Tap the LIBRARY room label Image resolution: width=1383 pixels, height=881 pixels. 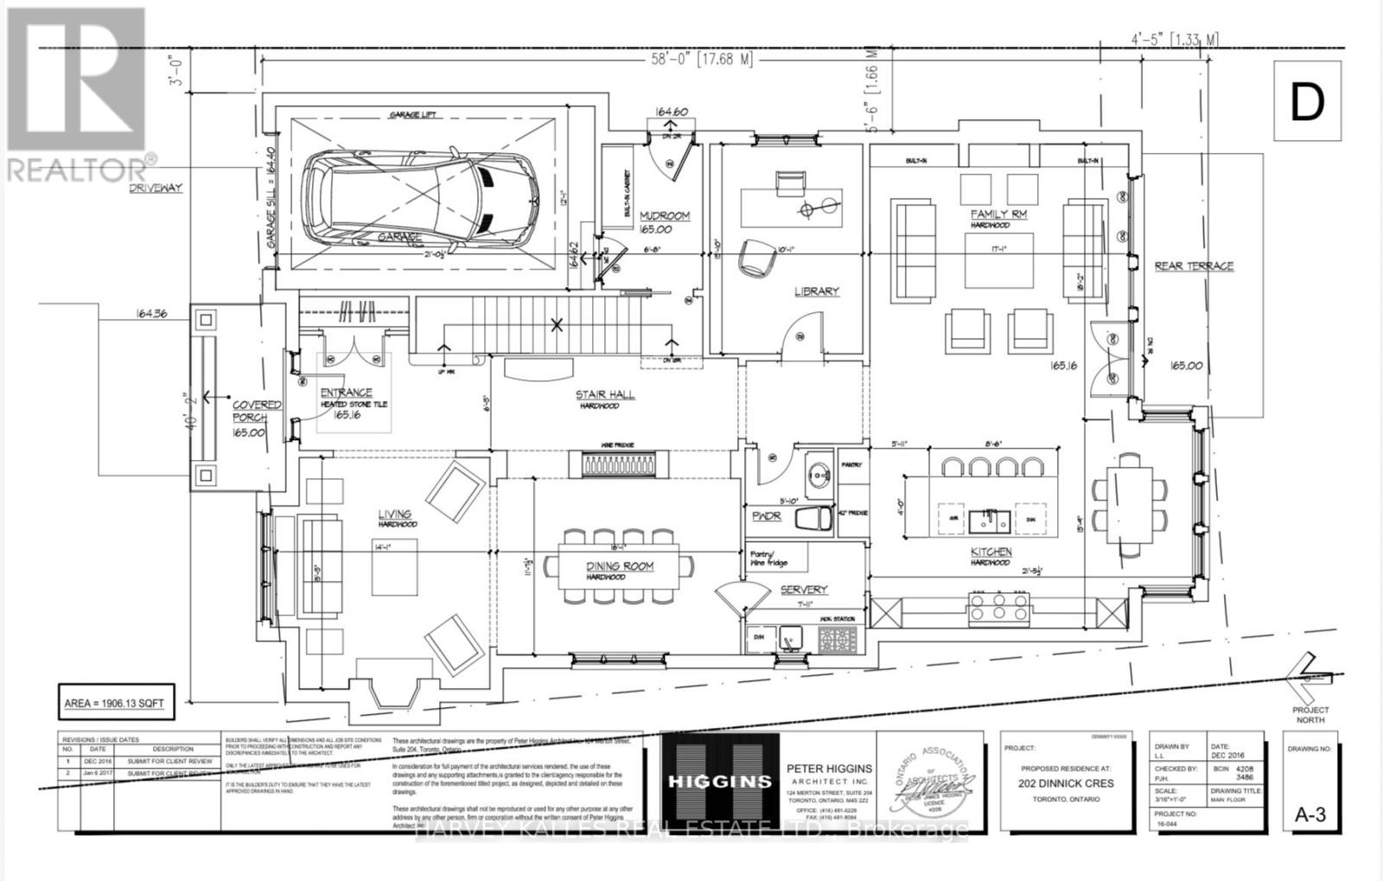pos(817,291)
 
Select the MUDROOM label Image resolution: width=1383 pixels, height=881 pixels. pos(664,215)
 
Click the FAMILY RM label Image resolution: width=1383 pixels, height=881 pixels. pos(998,214)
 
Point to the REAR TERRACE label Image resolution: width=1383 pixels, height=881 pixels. pos(1194,266)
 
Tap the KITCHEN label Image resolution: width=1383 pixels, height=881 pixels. pos(991,552)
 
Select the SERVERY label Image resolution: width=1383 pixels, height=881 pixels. pos(804,590)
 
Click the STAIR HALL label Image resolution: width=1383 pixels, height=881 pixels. pos(605,395)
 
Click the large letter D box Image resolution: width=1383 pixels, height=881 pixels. pos(1307,103)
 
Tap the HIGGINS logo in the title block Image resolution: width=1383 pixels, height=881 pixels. pos(720,782)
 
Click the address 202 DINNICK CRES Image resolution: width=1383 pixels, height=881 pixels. pos(1066,783)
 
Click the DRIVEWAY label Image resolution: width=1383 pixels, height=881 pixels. pos(156,188)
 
